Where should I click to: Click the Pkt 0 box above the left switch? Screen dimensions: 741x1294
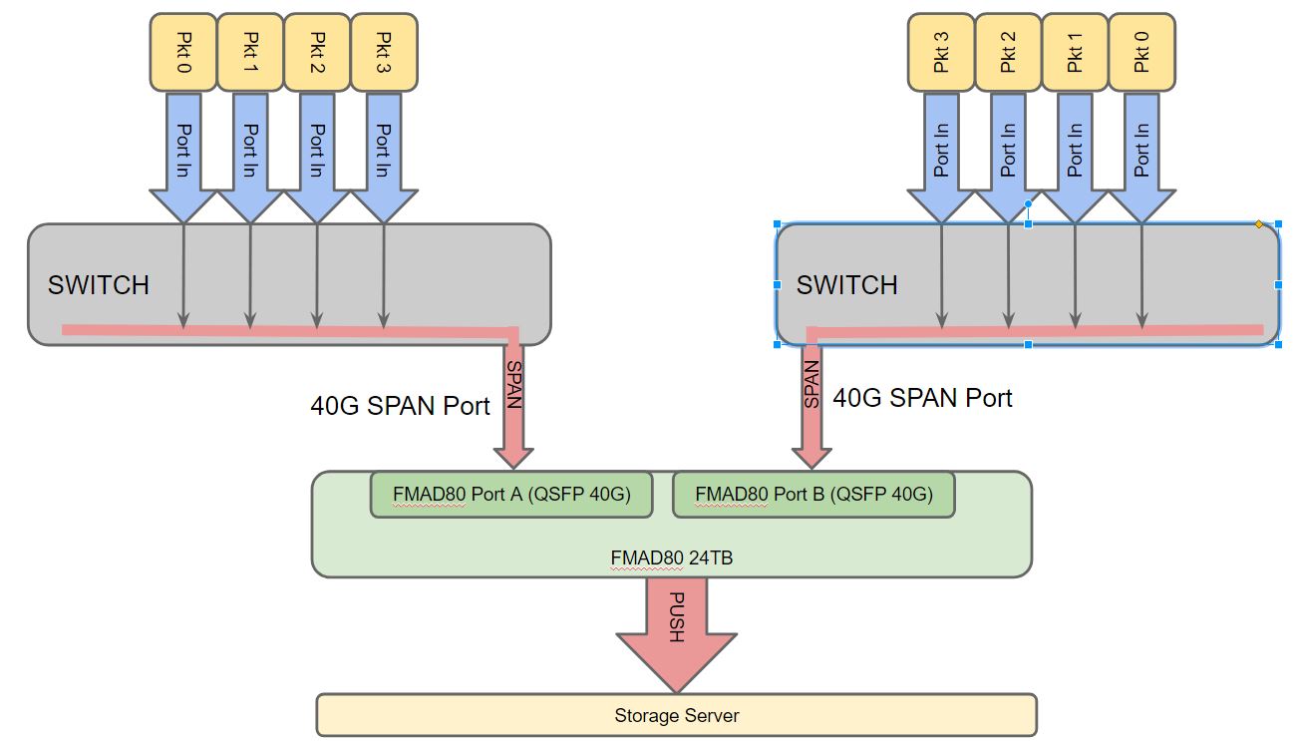pyautogui.click(x=182, y=52)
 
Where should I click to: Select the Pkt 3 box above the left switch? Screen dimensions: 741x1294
pyautogui.click(x=384, y=52)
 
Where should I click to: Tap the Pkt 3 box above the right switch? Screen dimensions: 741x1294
pyautogui.click(x=940, y=52)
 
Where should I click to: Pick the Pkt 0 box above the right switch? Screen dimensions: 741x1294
pyautogui.click(x=1141, y=52)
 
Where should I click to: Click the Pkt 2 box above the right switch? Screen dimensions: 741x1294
pyautogui.click(x=1008, y=52)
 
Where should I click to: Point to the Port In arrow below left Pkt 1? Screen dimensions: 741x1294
pyautogui.click(x=250, y=150)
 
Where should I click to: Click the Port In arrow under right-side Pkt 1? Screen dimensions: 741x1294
pyautogui.click(x=1075, y=150)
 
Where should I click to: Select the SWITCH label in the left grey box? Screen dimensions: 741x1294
pyautogui.click(x=99, y=285)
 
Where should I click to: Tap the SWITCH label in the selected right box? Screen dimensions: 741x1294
pyautogui.click(x=846, y=286)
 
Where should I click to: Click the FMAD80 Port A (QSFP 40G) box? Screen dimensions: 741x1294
pyautogui.click(x=511, y=495)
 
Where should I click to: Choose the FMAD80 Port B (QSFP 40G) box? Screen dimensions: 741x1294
pyautogui.click(x=813, y=495)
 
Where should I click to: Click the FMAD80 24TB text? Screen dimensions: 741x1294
pyautogui.click(x=671, y=558)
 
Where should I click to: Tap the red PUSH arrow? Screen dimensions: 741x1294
pyautogui.click(x=676, y=628)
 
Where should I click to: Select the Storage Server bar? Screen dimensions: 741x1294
pyautogui.click(x=676, y=715)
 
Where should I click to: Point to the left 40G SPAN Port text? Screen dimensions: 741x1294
pyautogui.click(x=400, y=407)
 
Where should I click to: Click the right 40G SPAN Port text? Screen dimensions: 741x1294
pyautogui.click(x=922, y=399)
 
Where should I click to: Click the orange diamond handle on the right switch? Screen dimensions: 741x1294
pyautogui.click(x=1259, y=224)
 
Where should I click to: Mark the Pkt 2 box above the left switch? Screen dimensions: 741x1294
pyautogui.click(x=317, y=52)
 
